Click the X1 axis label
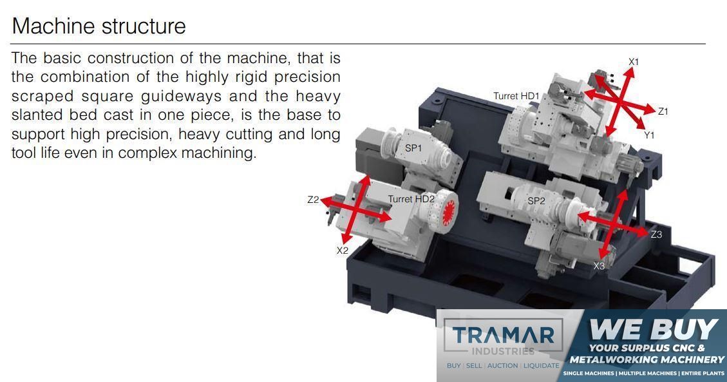click(634, 62)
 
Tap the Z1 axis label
click(663, 111)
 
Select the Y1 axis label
click(648, 135)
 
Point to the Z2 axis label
click(313, 200)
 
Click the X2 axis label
click(342, 251)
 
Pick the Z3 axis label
click(656, 234)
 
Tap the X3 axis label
click(599, 266)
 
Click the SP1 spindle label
click(413, 148)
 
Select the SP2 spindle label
click(536, 201)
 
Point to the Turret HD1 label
click(516, 96)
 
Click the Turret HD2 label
click(411, 199)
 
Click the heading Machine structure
click(99, 26)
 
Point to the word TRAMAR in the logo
click(503, 335)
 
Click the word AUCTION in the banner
click(503, 366)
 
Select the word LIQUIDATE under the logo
click(542, 366)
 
